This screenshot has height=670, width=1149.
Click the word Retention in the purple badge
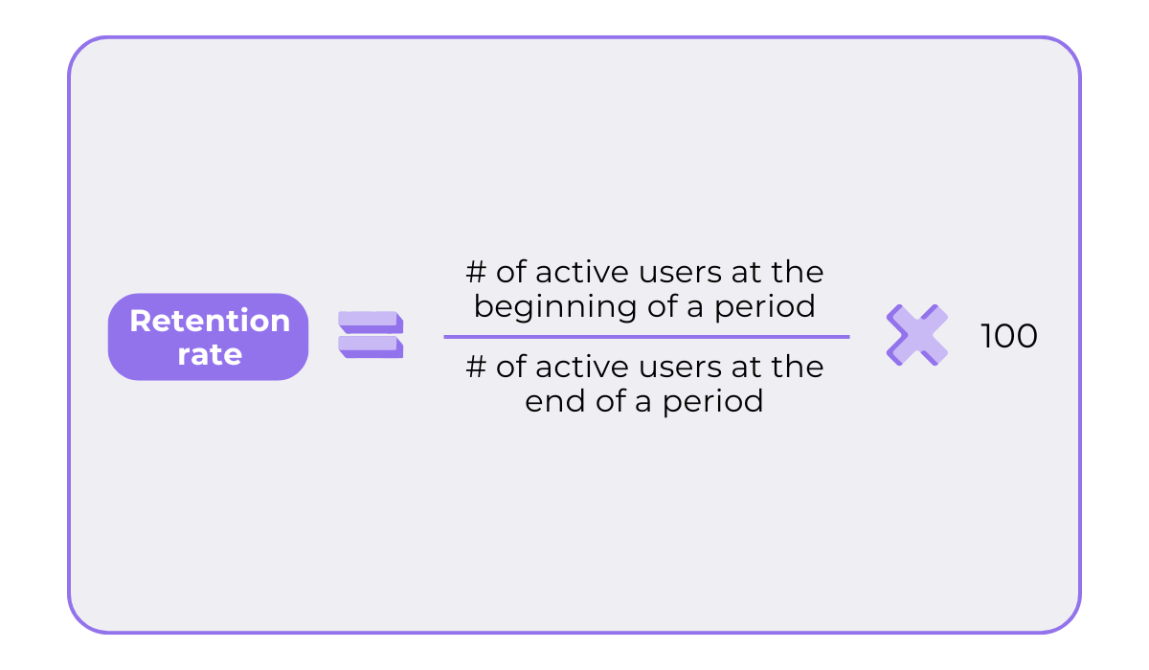point(209,321)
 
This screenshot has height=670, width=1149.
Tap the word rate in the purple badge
point(209,354)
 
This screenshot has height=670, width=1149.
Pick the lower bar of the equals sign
point(370,346)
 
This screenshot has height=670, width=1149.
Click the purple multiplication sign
point(916,335)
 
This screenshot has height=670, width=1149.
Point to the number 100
point(1008,336)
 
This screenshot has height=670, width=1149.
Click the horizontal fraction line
point(646,337)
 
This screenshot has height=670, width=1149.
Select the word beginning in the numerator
point(547,306)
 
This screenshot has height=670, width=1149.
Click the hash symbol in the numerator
point(476,273)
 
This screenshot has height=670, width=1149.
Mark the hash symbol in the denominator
point(476,367)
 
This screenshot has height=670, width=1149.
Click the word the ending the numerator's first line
point(798,273)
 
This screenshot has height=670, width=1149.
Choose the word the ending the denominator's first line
point(798,367)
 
